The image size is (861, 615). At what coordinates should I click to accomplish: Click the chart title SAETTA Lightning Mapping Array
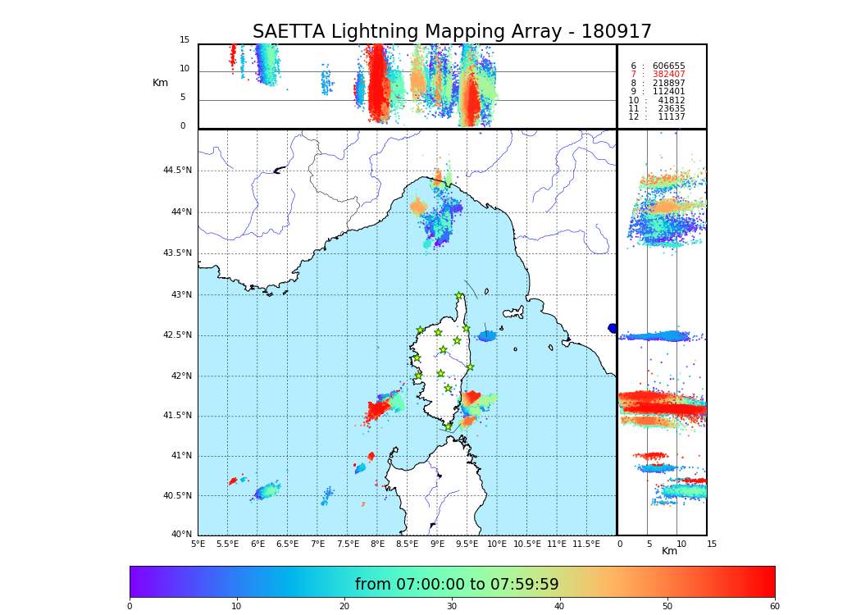[452, 32]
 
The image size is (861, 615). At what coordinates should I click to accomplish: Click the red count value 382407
[668, 75]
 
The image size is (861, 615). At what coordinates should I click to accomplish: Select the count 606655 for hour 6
[668, 66]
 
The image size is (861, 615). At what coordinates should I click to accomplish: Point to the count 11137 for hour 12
[671, 117]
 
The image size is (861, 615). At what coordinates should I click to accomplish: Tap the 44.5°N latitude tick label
[177, 171]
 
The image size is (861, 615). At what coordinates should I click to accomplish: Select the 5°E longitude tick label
[198, 544]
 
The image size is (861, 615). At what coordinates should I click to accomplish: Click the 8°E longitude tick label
[377, 544]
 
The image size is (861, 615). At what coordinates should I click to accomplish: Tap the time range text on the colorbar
[457, 585]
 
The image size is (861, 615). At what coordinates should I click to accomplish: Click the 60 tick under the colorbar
[774, 607]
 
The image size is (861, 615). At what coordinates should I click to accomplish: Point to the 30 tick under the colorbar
[452, 607]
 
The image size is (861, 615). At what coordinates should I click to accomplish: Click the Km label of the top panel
[160, 83]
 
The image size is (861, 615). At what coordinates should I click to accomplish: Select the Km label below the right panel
[669, 551]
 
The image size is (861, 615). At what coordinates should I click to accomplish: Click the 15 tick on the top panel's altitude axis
[184, 40]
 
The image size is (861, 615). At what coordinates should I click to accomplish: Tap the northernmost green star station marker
[459, 296]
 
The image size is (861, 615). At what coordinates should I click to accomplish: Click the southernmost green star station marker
[448, 426]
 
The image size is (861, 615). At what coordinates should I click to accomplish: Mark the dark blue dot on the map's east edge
[613, 328]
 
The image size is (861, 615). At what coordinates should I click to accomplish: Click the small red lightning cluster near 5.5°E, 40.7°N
[233, 481]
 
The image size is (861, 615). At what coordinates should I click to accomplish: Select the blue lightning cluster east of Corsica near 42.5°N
[487, 335]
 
